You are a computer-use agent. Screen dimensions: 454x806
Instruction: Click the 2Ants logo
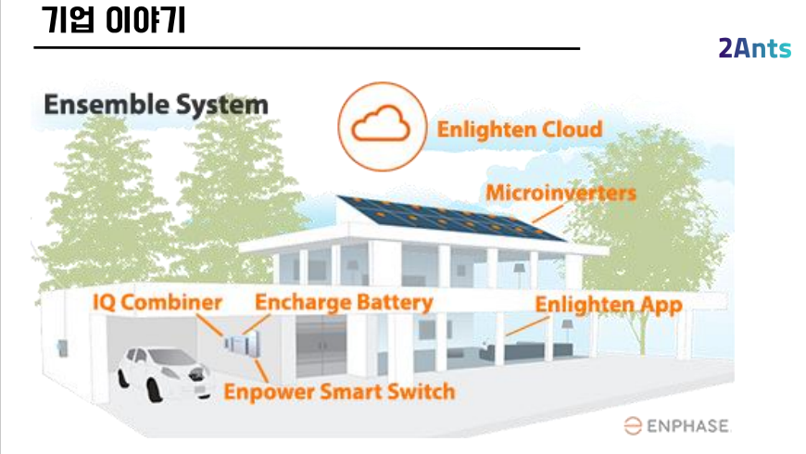754,49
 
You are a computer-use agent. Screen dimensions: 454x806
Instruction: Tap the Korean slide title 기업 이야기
114,20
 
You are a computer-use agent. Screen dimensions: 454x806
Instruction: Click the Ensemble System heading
156,105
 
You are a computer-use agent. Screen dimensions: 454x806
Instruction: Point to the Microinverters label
560,194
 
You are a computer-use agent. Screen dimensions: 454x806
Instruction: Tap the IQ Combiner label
157,303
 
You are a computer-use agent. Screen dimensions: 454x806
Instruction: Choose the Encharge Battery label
344,303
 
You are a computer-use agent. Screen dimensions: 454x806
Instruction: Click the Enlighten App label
609,304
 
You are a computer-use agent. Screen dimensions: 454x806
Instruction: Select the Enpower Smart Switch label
339,391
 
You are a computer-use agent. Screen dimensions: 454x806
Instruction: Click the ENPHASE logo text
686,425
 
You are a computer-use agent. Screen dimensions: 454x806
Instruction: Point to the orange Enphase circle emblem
632,425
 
